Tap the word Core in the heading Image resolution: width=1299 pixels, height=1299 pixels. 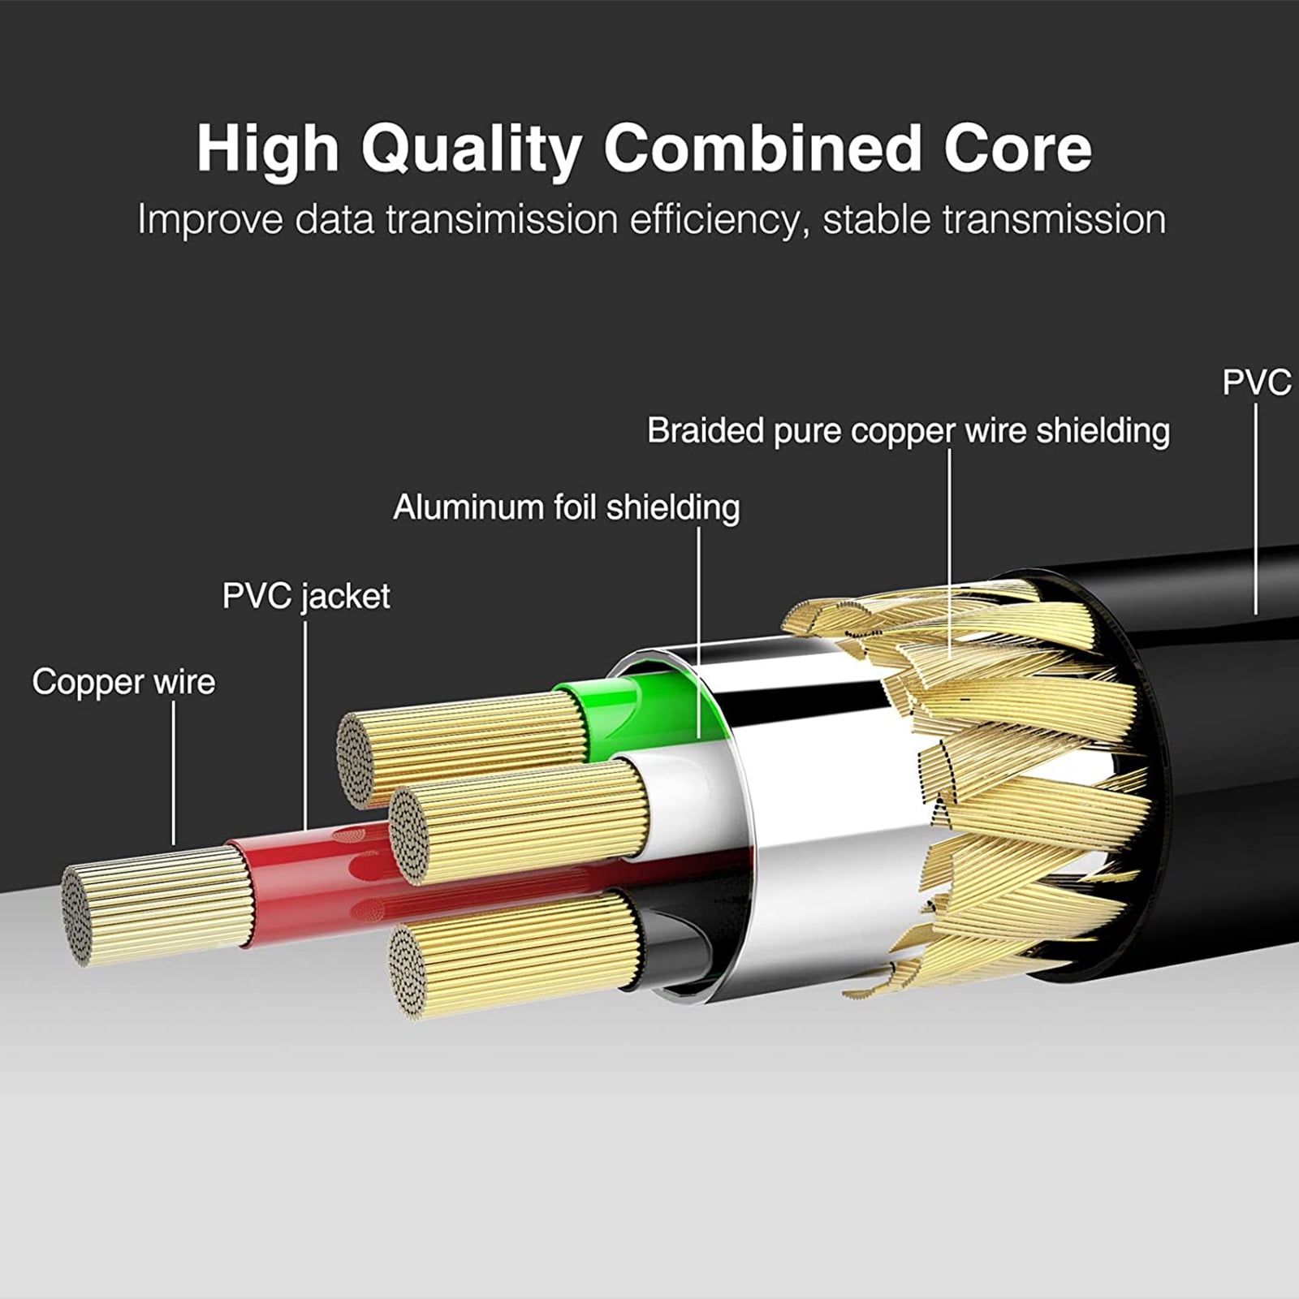coord(1017,149)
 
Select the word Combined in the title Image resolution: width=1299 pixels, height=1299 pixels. coord(762,149)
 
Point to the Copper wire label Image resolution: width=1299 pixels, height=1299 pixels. coord(123,682)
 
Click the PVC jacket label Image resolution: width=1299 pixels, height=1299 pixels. coord(306,597)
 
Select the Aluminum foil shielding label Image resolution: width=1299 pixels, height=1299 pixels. coord(566,508)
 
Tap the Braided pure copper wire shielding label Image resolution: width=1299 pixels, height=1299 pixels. coord(908,431)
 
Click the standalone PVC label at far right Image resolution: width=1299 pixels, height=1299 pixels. coord(1256,382)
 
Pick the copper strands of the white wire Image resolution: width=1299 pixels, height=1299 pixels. coord(528,820)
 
